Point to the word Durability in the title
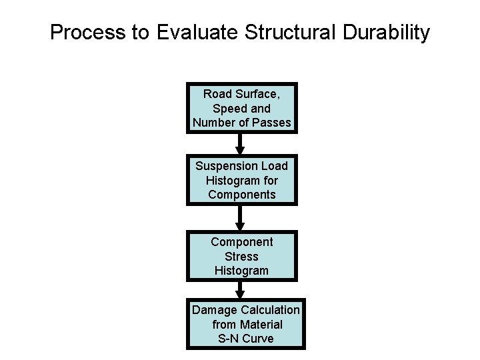point(386,33)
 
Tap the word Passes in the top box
point(274,123)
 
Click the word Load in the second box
point(274,165)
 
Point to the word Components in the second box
point(241,195)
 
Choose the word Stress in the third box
point(242,256)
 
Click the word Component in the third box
point(242,241)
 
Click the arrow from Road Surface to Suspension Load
point(241,144)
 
